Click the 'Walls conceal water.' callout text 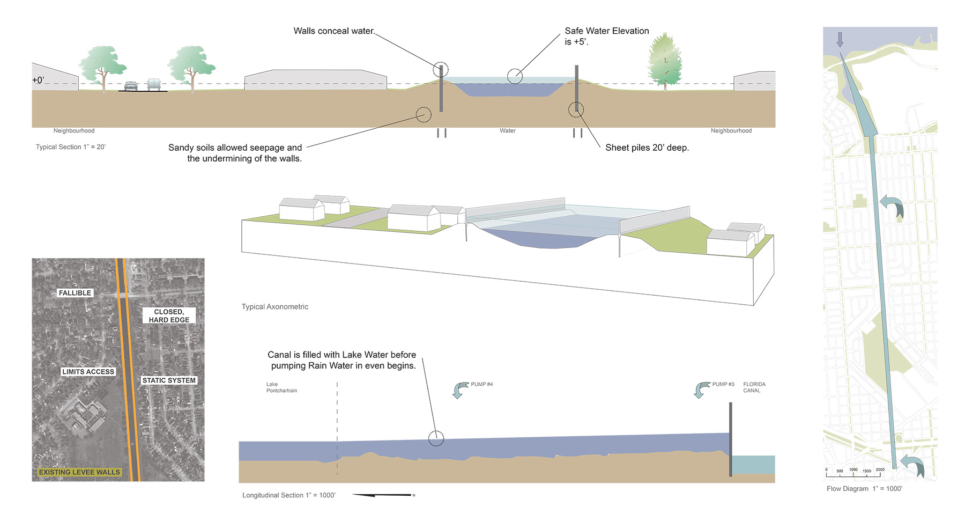point(334,31)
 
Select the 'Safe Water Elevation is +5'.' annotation point(606,36)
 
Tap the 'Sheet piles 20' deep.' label point(647,148)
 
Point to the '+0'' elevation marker point(38,80)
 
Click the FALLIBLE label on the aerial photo point(75,293)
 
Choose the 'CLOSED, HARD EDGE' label point(169,315)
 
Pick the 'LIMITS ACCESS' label point(88,372)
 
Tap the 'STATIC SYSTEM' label point(169,380)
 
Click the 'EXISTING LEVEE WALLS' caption point(79,472)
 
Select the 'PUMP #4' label point(481,384)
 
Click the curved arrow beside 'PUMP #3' point(702,390)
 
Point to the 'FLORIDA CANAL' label point(754,387)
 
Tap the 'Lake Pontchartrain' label point(281,387)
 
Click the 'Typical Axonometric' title point(274,307)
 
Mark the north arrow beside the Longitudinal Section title point(383,495)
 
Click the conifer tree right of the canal point(665,60)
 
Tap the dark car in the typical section point(131,86)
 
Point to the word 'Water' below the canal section point(507,131)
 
